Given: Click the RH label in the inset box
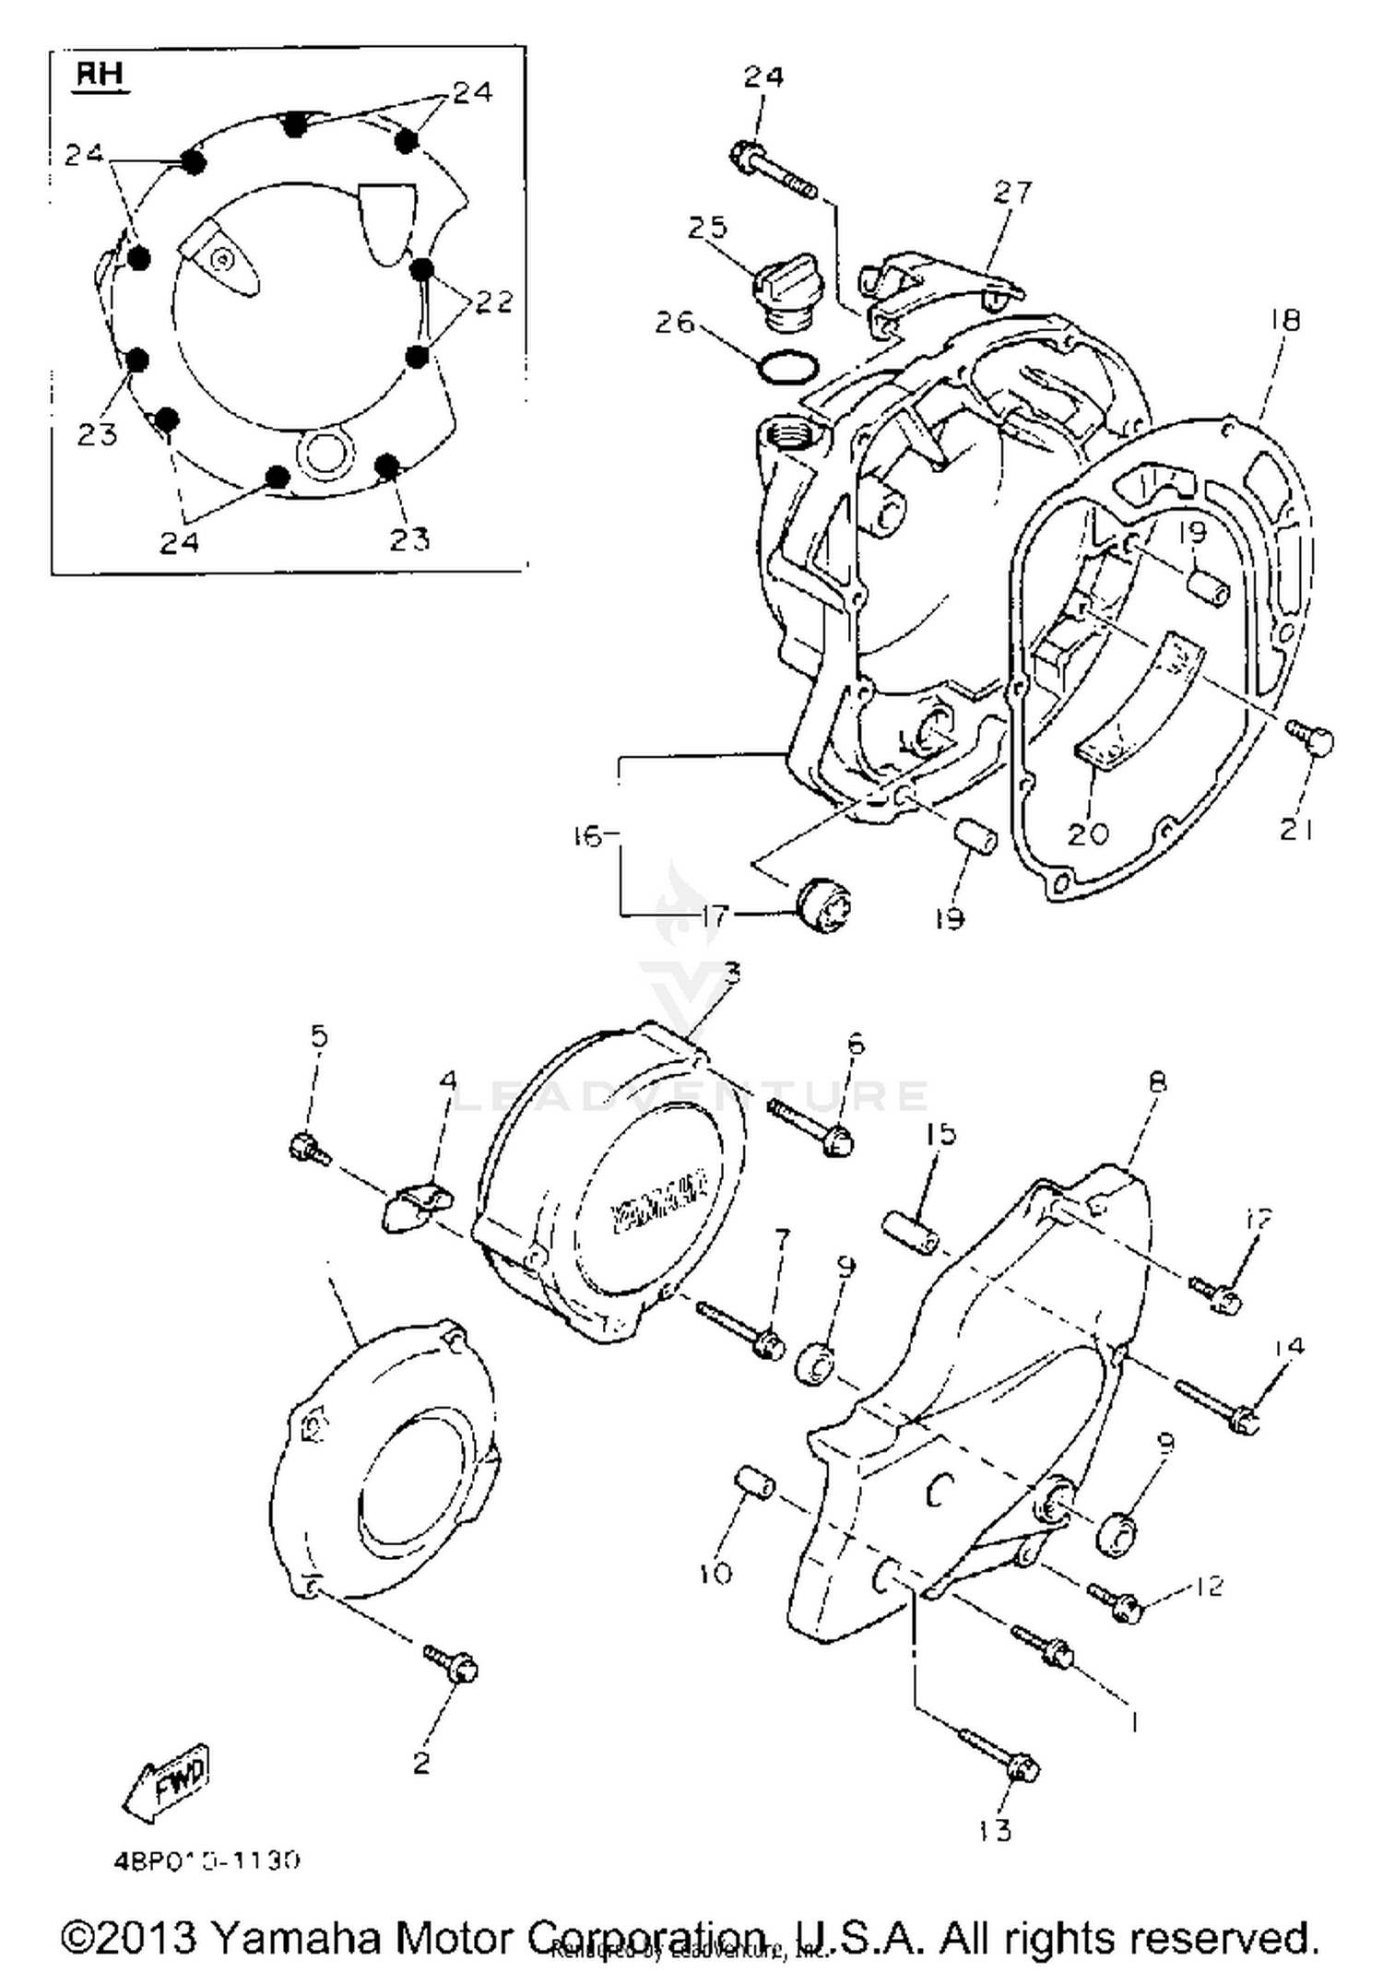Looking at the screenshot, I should (100, 75).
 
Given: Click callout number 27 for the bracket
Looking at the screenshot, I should (1012, 193).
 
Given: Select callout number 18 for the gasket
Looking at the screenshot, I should (1284, 320).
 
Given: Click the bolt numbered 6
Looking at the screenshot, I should (811, 1128).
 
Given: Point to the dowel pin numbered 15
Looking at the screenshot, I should (911, 1234).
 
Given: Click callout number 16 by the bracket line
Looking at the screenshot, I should (586, 836).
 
